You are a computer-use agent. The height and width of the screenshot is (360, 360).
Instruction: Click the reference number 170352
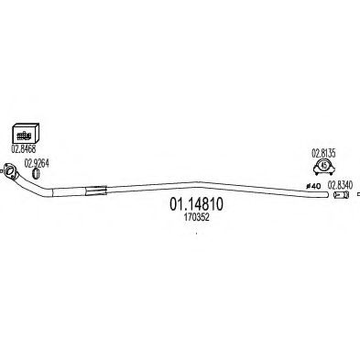tap(192, 220)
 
